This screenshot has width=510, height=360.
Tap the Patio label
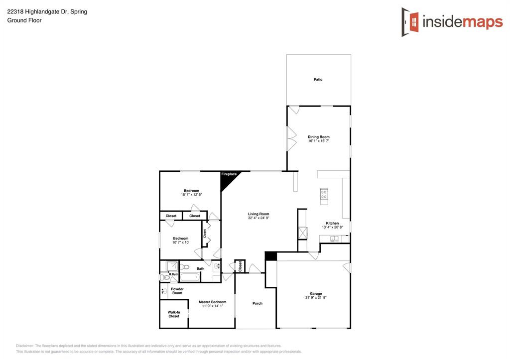pos(318,79)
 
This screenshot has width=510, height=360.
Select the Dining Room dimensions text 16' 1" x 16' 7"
pos(319,141)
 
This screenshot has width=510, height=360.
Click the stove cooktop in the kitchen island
pos(324,194)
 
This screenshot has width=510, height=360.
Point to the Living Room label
pos(258,214)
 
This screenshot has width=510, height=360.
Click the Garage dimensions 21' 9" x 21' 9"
pos(316,298)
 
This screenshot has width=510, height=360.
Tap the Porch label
pos(257,303)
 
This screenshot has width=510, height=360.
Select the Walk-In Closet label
pos(174,314)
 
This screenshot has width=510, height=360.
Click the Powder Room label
pos(177,291)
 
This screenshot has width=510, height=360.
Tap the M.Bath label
pos(173,274)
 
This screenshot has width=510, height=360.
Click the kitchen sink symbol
pos(334,239)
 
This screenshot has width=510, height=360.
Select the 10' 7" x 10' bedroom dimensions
pos(181,242)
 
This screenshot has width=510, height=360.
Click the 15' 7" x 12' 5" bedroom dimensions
pos(192,195)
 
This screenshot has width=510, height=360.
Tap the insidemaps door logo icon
pos(410,22)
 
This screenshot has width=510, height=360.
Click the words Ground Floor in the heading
pos(24,20)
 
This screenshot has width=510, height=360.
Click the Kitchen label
pos(332,223)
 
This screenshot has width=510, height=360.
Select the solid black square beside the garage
pos(270,256)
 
